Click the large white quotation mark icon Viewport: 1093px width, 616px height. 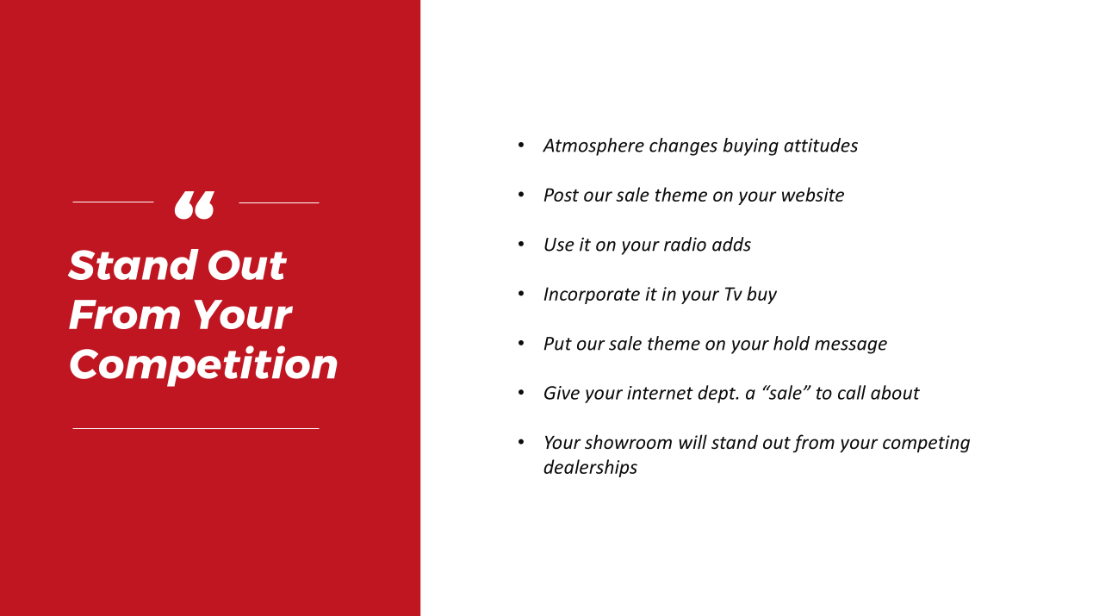pos(194,205)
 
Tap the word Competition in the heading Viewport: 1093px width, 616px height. pos(203,365)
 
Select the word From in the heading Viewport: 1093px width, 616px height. pos(124,315)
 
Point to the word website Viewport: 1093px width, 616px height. pos(812,196)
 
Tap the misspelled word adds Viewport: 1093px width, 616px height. pos(731,245)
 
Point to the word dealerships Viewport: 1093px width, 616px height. pos(590,468)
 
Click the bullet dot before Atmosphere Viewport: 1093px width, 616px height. pos(521,145)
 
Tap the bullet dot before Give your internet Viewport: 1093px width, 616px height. pos(521,392)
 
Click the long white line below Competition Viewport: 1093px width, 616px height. pos(196,428)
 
